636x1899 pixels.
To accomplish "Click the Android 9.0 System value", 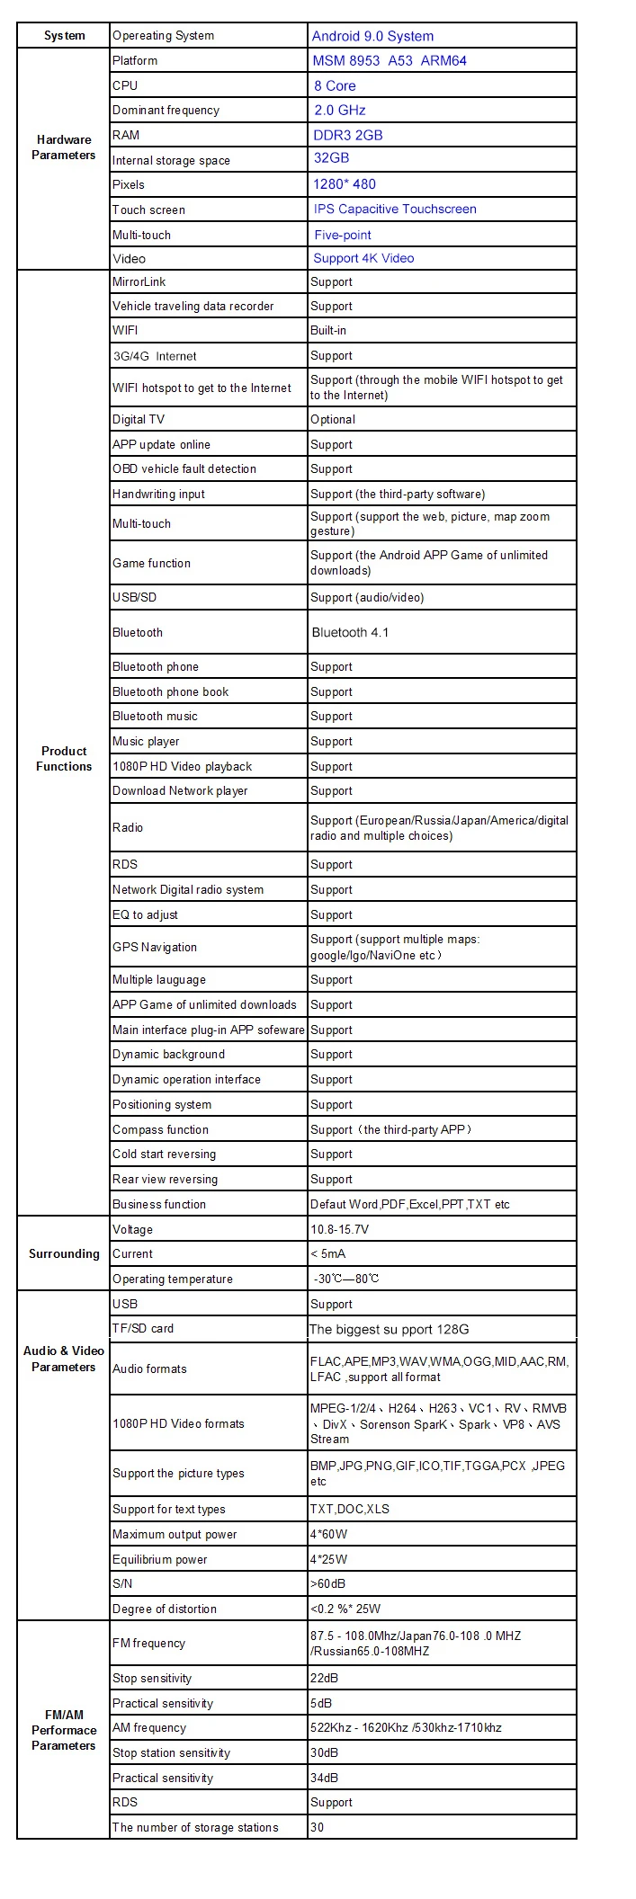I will pos(372,36).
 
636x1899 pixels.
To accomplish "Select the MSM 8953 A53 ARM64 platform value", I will pos(389,61).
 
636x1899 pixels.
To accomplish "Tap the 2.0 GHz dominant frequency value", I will pos(339,110).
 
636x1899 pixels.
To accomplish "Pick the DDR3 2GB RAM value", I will pos(347,135).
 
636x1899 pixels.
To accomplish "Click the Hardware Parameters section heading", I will pos(64,147).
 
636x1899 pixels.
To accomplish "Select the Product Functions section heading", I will pos(64,758).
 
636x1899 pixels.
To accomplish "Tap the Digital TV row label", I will pos(139,419).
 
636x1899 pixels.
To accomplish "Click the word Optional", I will pos(333,419).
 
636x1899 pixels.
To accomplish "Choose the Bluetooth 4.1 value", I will pos(350,632).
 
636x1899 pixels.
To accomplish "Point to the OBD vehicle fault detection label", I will pos(184,468).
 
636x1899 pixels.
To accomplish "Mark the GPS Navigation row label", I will pos(155,947).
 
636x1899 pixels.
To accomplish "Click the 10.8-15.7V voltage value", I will pos(339,1229).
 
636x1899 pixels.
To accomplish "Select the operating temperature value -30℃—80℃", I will pos(346,1279).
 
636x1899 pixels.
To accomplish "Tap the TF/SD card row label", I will pos(143,1328).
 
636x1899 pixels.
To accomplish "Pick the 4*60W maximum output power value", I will pos(328,1534).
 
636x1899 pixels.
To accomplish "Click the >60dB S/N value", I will pos(327,1583).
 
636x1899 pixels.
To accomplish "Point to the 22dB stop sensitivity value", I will pos(324,1678).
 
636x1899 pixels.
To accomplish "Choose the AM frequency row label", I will pos(149,1727).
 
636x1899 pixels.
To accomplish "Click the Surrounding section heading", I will pos(64,1253).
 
